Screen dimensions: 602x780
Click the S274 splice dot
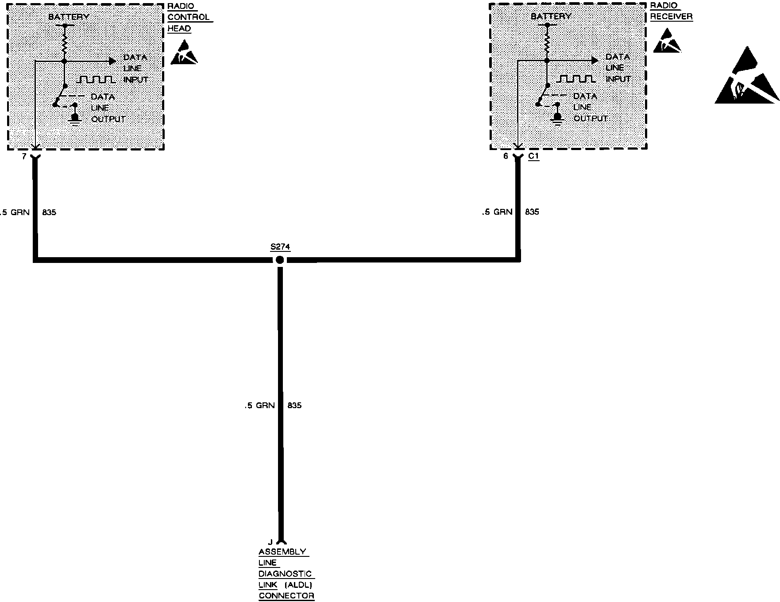[x=280, y=260]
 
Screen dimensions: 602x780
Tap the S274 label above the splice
[x=280, y=247]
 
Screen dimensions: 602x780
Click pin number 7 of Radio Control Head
[x=24, y=156]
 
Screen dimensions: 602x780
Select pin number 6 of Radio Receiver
[x=506, y=156]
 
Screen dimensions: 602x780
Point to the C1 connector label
[x=533, y=156]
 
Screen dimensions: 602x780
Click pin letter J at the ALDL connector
[x=270, y=542]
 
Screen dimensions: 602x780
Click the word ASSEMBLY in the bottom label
[x=282, y=552]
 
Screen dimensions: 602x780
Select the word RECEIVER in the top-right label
[x=671, y=17]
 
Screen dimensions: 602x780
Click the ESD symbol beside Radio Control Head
[x=184, y=53]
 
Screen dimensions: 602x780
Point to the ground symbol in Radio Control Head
[x=75, y=120]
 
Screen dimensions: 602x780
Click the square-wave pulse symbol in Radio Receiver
[x=575, y=79]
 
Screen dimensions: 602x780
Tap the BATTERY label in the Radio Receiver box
[x=551, y=16]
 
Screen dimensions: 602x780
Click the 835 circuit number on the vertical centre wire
[x=294, y=405]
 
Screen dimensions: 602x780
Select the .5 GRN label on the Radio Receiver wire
[x=497, y=212]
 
